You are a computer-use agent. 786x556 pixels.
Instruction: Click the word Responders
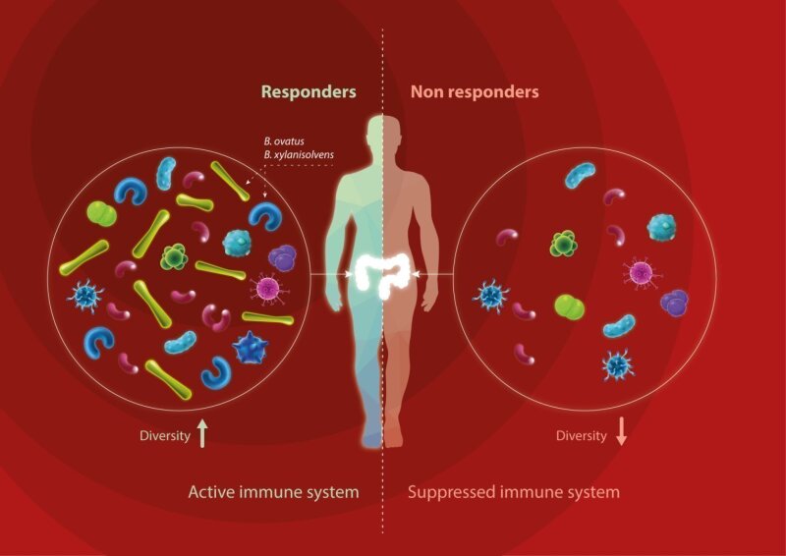309,92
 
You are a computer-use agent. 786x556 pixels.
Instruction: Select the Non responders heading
475,92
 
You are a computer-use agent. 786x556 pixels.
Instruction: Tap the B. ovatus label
284,141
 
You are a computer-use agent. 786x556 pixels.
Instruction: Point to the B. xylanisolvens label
299,155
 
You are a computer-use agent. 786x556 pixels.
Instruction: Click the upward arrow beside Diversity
202,433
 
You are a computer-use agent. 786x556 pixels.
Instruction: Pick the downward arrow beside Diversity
621,431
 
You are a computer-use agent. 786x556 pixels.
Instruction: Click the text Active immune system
274,492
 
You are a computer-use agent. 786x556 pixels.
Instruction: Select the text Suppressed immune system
514,492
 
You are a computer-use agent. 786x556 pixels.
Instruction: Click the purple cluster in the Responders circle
282,257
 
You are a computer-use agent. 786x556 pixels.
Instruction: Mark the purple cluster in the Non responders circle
674,303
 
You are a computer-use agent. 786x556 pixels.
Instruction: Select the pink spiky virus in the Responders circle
268,288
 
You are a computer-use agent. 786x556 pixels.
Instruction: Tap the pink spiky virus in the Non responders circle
642,273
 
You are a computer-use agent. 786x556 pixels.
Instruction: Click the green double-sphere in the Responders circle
102,214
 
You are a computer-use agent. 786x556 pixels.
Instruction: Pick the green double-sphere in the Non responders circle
570,306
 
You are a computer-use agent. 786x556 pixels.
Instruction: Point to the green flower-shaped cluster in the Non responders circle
564,245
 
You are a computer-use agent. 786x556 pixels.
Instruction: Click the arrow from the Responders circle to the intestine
332,274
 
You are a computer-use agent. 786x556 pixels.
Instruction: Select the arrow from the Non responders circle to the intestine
433,274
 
